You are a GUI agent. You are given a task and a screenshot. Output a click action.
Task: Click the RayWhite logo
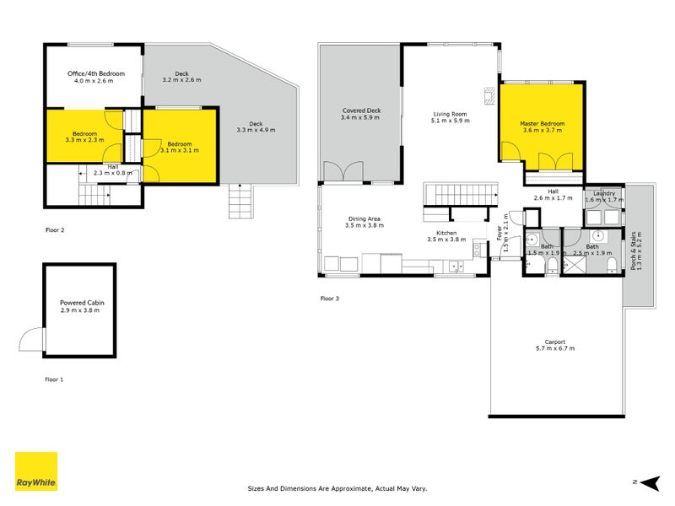coord(36,471)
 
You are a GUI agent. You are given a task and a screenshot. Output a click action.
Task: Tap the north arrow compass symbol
coord(647,482)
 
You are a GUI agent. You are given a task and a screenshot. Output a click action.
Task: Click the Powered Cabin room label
coord(79,306)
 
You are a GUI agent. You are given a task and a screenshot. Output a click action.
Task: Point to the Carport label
coord(554,346)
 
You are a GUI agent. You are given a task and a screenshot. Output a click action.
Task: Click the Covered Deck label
coord(361,114)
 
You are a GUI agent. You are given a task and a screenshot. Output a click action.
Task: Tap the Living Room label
coord(450,117)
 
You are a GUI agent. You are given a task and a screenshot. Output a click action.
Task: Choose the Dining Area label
coord(365,223)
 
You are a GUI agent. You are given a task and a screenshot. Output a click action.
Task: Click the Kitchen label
coord(446,236)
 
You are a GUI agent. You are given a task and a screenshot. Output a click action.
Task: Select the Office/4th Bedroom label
coord(95,78)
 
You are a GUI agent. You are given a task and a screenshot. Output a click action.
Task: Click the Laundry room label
coord(603,196)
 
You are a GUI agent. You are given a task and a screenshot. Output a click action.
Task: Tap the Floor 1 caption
coord(55,379)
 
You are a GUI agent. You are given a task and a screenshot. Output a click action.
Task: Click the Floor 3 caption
coord(330,299)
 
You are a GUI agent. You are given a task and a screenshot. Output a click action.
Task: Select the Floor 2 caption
coord(55,229)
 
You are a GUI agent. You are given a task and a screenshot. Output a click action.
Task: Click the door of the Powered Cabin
coord(32,340)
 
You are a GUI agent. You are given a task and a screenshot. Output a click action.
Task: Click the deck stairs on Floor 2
coord(240,202)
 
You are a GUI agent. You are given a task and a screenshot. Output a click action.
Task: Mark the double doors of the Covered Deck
coord(342,171)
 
